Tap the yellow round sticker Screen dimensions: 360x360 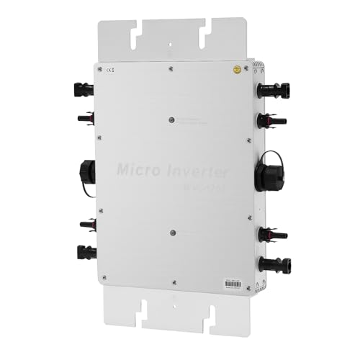(233, 72)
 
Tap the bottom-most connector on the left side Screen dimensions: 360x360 (85, 252)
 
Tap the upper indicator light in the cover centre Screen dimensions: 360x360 (173, 120)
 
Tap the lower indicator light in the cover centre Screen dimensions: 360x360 (173, 233)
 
